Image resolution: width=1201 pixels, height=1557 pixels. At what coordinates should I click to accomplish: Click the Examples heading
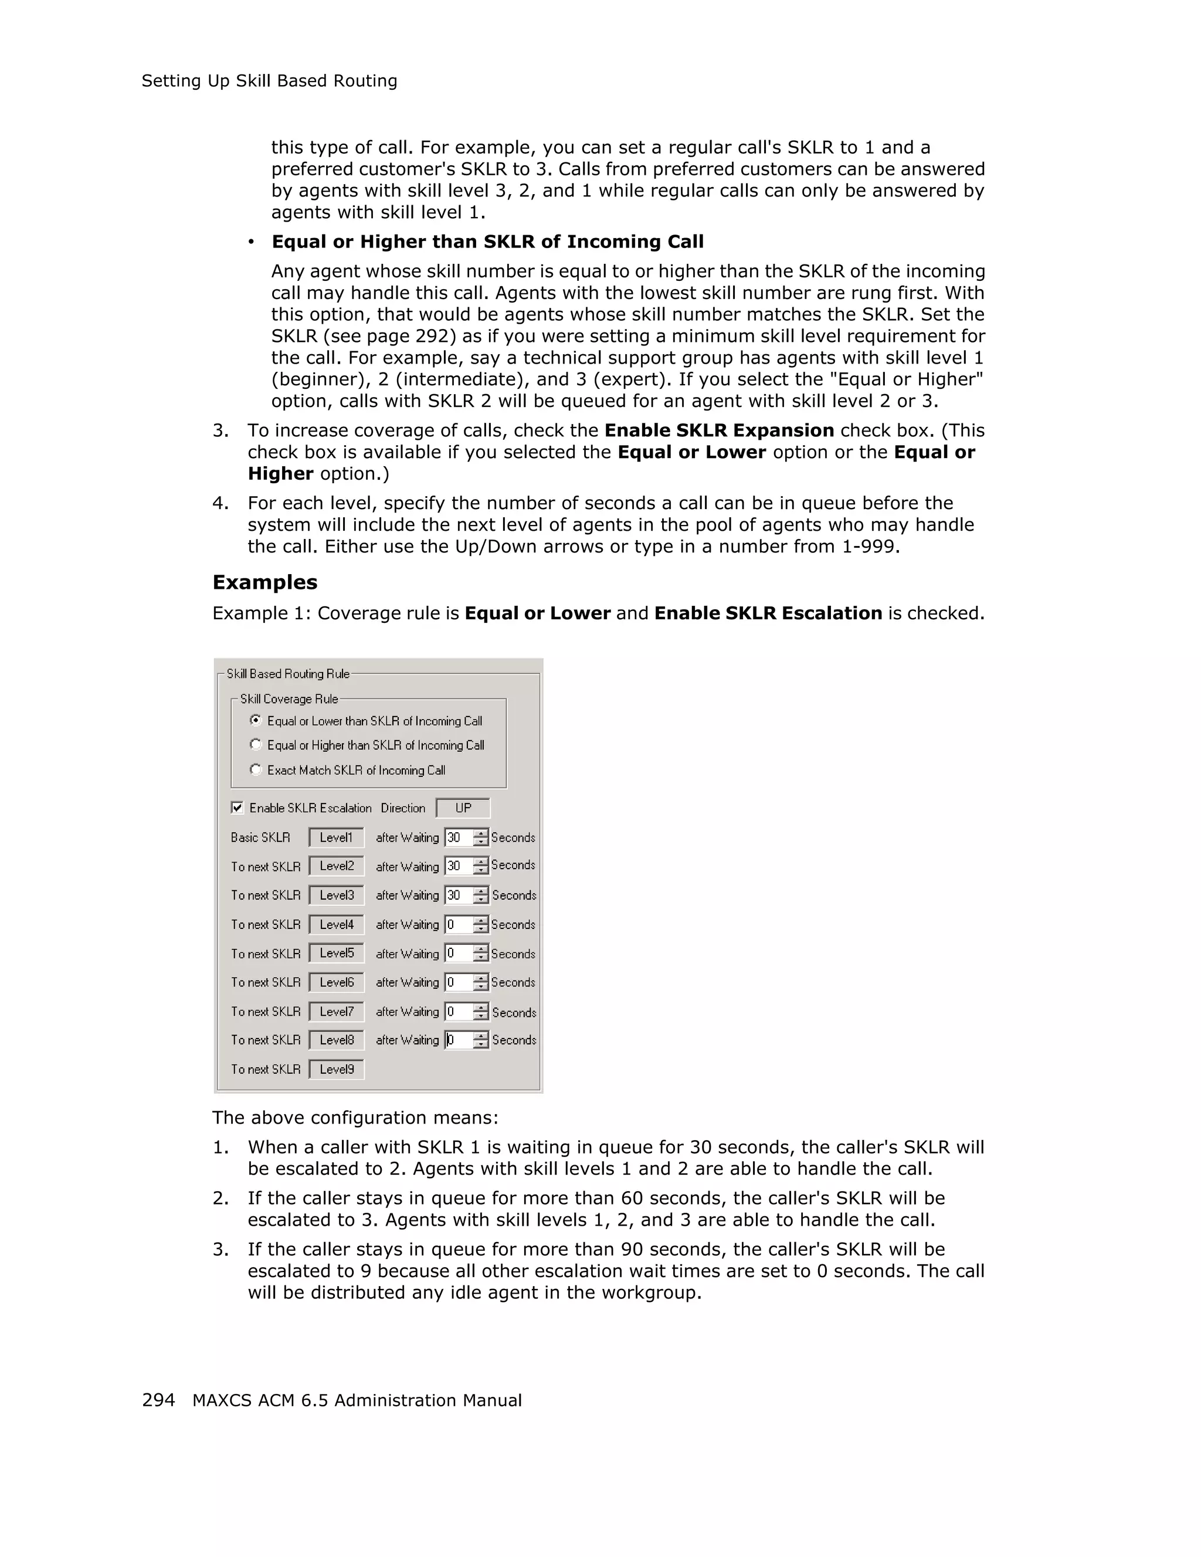[x=264, y=582]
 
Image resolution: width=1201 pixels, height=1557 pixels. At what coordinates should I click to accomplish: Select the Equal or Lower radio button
[x=256, y=720]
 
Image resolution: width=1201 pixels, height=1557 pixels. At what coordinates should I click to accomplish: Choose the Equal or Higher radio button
[x=256, y=744]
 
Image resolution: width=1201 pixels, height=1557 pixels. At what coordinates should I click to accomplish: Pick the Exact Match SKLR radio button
[x=256, y=769]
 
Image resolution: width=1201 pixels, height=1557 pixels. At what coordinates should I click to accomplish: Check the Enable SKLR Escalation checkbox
[x=238, y=808]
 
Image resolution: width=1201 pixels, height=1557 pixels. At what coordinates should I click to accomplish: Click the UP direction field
[x=463, y=808]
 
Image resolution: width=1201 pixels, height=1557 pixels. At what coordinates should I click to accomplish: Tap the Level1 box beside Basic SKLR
[x=337, y=837]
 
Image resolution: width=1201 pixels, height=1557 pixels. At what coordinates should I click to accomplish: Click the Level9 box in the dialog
[x=337, y=1068]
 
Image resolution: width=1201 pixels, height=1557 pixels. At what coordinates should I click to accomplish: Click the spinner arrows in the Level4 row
[x=481, y=925]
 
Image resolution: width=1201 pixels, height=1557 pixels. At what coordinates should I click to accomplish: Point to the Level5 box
[x=337, y=953]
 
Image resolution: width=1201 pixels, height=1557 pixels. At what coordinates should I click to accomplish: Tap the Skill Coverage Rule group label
[x=289, y=698]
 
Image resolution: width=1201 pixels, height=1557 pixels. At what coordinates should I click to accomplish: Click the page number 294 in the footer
[x=158, y=1400]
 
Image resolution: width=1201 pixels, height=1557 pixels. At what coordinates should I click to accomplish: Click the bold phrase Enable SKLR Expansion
[x=718, y=430]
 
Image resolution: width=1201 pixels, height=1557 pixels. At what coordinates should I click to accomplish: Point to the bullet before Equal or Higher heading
[x=251, y=242]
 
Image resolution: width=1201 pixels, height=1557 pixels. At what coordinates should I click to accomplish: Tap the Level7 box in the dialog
[x=337, y=1011]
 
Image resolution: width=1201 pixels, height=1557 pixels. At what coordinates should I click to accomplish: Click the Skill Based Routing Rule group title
[x=288, y=674]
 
